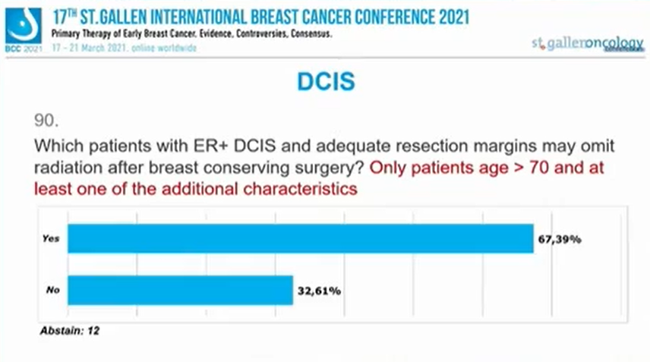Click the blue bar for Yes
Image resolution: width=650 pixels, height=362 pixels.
click(300, 238)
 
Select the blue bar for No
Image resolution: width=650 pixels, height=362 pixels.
click(181, 289)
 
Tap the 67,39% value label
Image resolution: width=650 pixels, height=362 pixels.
click(560, 239)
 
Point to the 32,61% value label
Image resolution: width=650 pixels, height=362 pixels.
click(320, 289)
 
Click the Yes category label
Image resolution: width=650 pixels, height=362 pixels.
click(51, 238)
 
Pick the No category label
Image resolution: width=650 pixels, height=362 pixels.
click(52, 289)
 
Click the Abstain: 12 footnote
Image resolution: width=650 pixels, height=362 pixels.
click(70, 331)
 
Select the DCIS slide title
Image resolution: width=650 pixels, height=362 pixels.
click(324, 81)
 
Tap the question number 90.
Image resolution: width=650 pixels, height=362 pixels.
click(47, 120)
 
